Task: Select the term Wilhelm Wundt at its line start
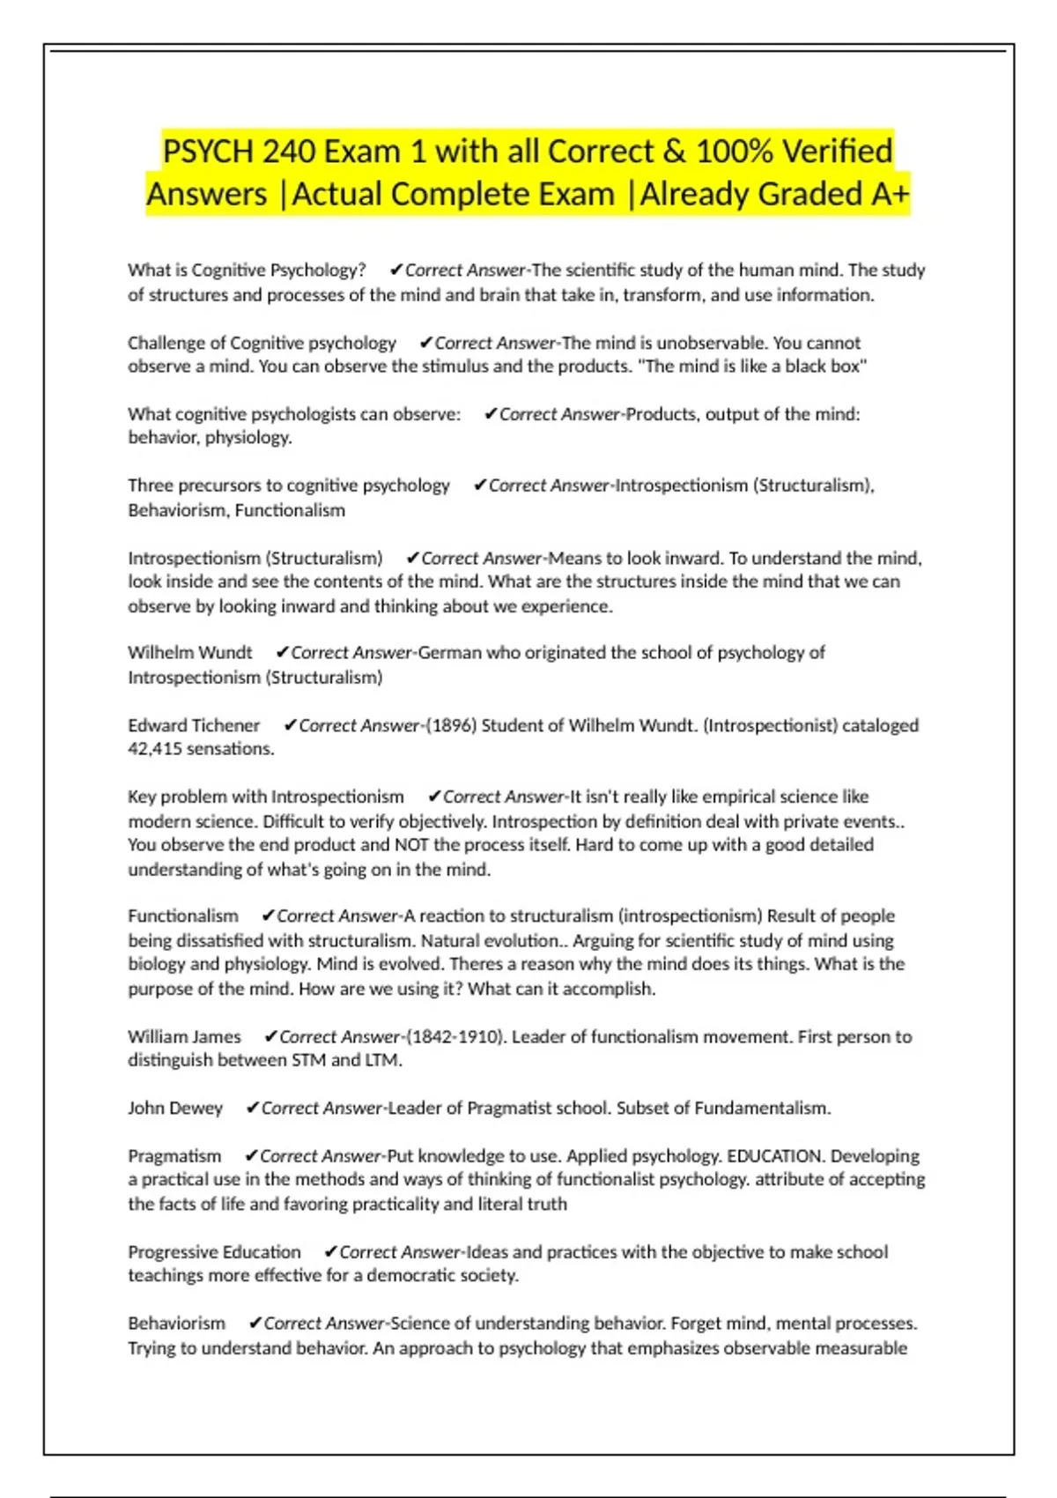pyautogui.click(x=189, y=653)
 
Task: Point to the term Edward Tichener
pyautogui.click(x=194, y=725)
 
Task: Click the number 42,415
pyautogui.click(x=154, y=749)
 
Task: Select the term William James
pyautogui.click(x=184, y=1037)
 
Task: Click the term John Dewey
pyautogui.click(x=175, y=1109)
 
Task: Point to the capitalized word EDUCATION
pyautogui.click(x=774, y=1156)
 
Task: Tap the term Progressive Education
pyautogui.click(x=214, y=1252)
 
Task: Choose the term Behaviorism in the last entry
pyautogui.click(x=176, y=1324)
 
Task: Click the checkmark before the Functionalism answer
pyautogui.click(x=269, y=916)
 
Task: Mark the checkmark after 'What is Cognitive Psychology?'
pyautogui.click(x=396, y=271)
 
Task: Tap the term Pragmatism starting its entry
pyautogui.click(x=174, y=1156)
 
